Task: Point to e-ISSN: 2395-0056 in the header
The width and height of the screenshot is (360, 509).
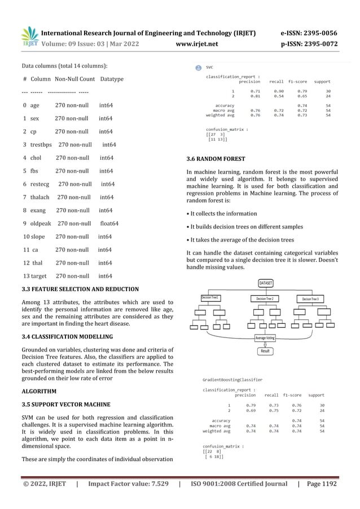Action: [x=308, y=33]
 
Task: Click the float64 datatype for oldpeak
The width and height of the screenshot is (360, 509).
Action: [x=109, y=223]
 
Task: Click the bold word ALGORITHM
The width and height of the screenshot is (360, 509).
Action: [x=39, y=391]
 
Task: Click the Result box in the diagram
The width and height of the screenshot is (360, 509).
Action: [x=265, y=351]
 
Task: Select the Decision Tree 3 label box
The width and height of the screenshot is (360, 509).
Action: [x=313, y=299]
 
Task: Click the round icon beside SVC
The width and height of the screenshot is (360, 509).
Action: [x=198, y=67]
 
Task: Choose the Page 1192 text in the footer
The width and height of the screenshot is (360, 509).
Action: [x=321, y=484]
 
